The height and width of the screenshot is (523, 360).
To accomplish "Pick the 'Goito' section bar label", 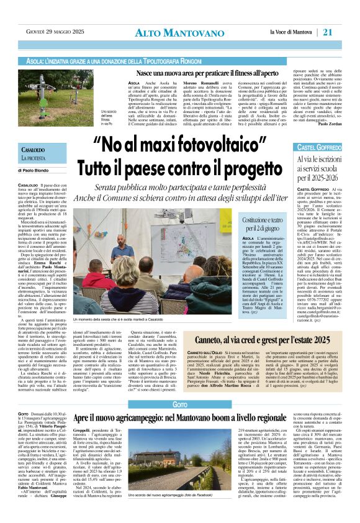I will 180,404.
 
